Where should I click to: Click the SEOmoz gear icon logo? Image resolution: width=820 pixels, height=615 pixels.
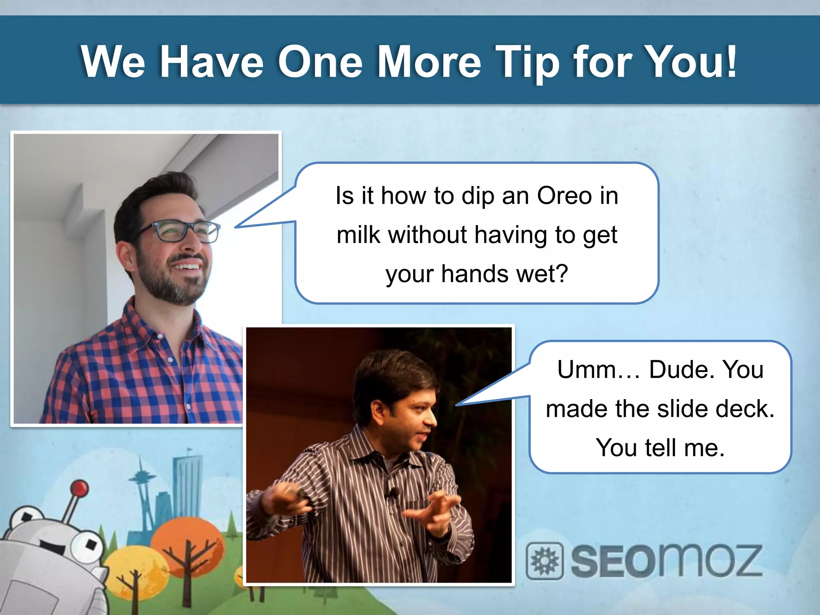point(545,561)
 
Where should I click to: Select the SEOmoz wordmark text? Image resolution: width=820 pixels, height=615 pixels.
point(666,561)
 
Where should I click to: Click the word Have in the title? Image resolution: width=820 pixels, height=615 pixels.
point(212,62)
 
